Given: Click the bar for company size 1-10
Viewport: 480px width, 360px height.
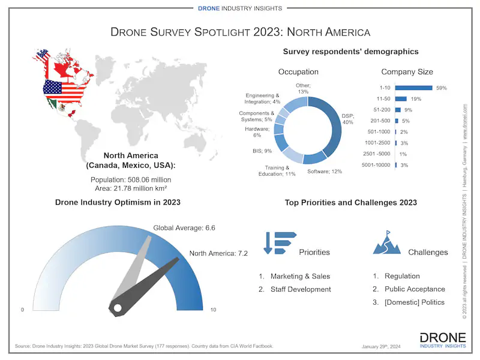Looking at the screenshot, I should point(413,88).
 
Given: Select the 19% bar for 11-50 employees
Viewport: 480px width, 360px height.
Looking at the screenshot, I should point(401,99).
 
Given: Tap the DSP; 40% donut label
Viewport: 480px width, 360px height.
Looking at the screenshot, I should point(348,119).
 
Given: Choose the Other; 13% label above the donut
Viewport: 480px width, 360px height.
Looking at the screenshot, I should point(302,89).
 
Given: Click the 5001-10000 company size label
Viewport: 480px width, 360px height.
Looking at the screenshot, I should point(377,165).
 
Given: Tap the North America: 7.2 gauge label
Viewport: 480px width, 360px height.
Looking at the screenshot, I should point(218,253).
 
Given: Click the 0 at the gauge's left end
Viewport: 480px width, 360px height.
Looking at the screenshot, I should point(23,310).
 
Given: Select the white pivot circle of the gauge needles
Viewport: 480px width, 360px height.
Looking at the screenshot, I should point(118,308).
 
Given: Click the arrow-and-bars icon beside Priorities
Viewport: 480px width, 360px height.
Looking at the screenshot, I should point(280,242).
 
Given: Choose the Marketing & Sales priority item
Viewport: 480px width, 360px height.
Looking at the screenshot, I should point(300,277).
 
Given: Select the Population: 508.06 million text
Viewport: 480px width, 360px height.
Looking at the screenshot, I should point(131,179).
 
